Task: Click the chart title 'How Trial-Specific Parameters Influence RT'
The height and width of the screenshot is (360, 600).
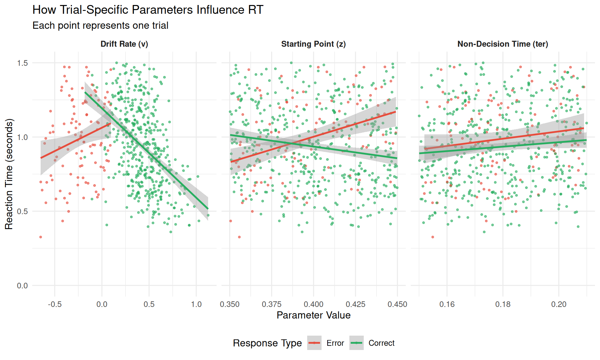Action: click(x=148, y=10)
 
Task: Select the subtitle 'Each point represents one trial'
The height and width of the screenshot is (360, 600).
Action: click(x=100, y=25)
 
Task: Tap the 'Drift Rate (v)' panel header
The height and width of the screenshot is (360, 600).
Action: click(x=124, y=44)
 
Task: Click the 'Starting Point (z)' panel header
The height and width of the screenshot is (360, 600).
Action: click(x=313, y=44)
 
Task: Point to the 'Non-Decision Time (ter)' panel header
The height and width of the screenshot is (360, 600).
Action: click(x=502, y=44)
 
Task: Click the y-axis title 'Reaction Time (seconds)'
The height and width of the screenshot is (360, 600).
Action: click(x=9, y=174)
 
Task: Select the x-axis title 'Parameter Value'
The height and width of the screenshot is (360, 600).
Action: click(x=313, y=315)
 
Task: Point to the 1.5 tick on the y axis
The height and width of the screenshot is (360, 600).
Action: click(x=22, y=63)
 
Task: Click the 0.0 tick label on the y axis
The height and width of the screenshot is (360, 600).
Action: click(x=22, y=286)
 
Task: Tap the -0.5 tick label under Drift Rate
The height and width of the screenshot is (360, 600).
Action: click(x=55, y=304)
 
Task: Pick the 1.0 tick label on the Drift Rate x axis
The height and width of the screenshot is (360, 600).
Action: click(x=196, y=304)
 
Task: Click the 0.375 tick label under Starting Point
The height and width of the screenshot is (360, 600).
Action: click(x=272, y=304)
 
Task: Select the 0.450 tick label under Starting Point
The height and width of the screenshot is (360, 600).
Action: click(x=397, y=304)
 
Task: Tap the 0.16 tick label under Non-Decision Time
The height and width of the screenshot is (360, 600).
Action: click(x=447, y=304)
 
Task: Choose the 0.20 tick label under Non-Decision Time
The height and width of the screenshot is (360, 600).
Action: click(x=559, y=304)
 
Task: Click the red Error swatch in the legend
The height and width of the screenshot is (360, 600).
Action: click(x=314, y=343)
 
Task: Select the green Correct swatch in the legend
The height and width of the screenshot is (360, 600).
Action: click(x=357, y=343)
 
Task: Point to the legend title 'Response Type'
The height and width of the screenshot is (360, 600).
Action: click(x=267, y=343)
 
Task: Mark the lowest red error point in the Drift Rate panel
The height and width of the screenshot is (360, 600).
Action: click(x=41, y=237)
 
